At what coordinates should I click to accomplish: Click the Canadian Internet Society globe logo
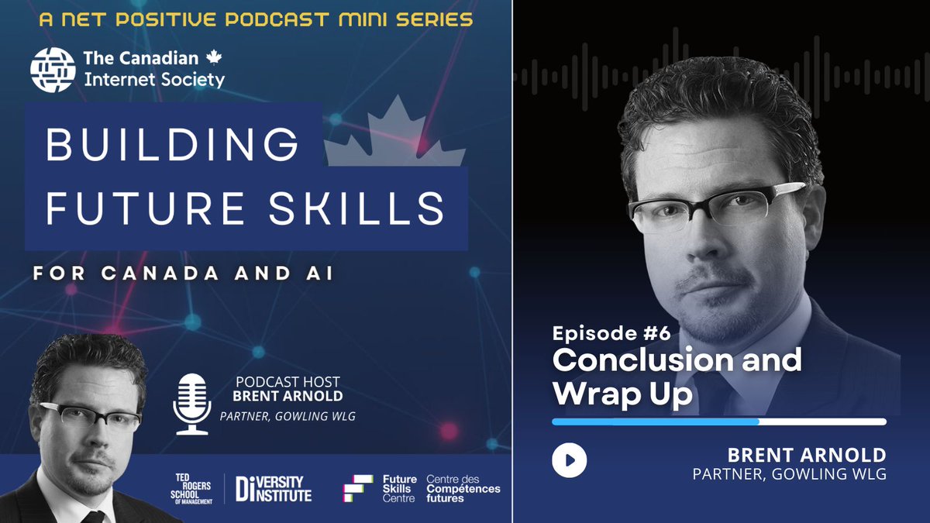(x=52, y=69)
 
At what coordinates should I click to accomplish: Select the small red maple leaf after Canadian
(x=214, y=58)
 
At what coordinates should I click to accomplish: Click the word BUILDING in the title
(x=172, y=146)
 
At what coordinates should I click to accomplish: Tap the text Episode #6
(x=611, y=335)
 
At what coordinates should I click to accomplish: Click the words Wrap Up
(x=622, y=394)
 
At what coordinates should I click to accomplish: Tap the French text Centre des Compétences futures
(x=463, y=489)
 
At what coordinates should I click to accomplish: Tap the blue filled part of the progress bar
(x=655, y=422)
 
